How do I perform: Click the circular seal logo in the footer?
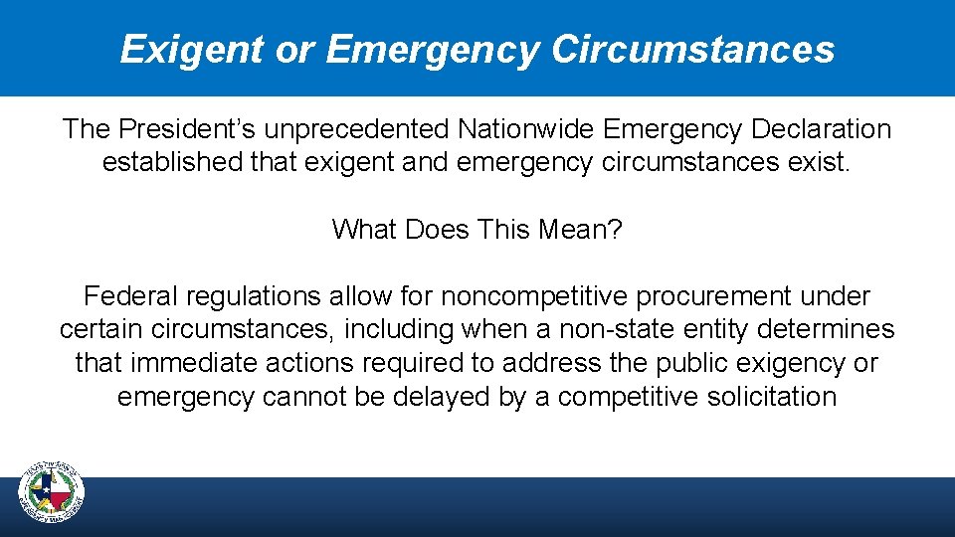point(52,491)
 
